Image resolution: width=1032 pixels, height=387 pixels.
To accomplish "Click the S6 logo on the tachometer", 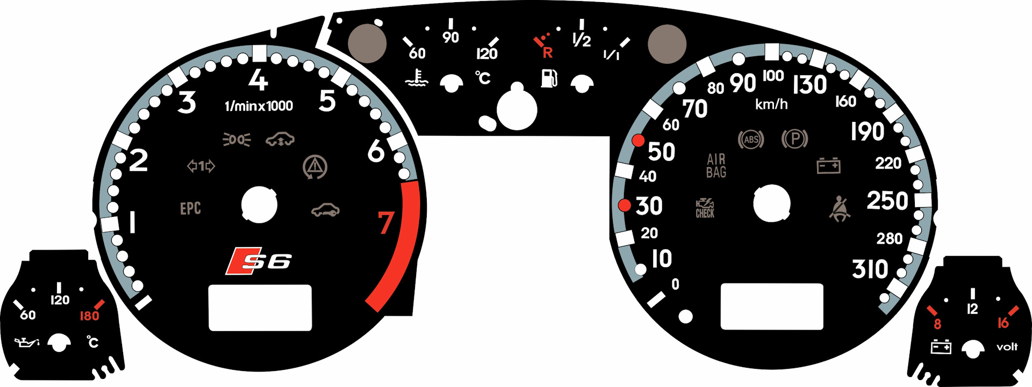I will (259, 261).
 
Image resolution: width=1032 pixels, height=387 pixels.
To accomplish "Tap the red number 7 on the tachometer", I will (386, 223).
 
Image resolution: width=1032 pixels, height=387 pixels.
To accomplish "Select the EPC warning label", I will (190, 208).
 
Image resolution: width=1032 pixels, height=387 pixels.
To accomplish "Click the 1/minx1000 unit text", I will (259, 106).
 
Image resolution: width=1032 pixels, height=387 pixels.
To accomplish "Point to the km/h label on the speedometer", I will (771, 104).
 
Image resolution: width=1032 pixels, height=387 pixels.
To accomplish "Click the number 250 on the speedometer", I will (887, 201).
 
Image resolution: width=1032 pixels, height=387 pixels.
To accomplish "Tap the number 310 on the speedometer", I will (870, 269).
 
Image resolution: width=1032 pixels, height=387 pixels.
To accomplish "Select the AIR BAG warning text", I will (716, 166).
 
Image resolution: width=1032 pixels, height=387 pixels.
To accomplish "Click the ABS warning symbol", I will (751, 140).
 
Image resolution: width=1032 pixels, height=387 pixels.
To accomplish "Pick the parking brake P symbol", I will (794, 140).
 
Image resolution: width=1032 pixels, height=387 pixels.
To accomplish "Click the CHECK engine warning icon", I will (705, 208).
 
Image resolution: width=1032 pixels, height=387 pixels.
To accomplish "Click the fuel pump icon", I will (549, 78).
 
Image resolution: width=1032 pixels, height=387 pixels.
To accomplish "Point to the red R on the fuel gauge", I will (547, 53).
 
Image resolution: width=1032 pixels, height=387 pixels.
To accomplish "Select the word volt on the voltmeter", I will (1007, 347).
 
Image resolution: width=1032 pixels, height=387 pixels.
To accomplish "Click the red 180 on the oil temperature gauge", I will (89, 316).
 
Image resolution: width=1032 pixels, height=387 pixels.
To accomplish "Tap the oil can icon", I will (26, 342).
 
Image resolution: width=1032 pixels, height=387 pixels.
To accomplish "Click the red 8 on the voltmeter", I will (937, 324).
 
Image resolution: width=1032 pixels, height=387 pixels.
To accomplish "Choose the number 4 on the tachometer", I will (258, 81).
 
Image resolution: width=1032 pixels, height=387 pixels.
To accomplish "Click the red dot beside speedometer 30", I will (625, 205).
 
